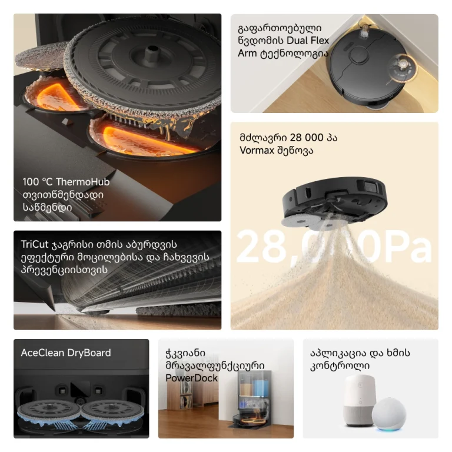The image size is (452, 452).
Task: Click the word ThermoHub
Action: click(83, 182)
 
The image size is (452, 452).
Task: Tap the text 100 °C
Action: click(38, 182)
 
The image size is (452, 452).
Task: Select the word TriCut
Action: click(34, 244)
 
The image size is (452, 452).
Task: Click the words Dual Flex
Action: click(308, 41)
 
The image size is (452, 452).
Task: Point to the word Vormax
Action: click(257, 150)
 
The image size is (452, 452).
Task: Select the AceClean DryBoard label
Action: click(66, 353)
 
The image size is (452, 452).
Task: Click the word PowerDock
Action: click(191, 378)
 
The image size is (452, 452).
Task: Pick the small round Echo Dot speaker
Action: click(388, 414)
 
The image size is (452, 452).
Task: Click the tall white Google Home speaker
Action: click(360, 401)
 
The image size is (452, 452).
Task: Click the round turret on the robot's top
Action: click(359, 55)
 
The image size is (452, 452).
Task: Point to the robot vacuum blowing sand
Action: click(334, 202)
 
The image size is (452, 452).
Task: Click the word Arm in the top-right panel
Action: click(247, 54)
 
